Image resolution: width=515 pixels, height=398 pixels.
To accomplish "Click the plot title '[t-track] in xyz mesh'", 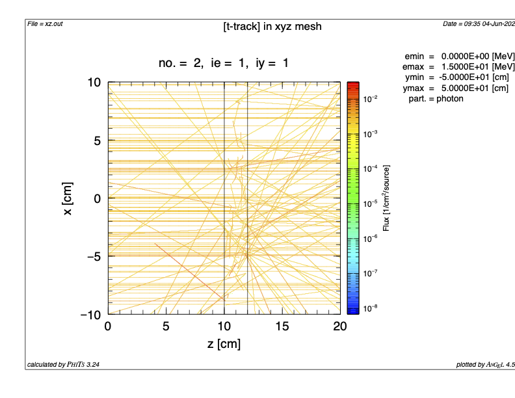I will point(272,27).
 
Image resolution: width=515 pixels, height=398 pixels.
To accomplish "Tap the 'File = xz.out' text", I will point(46,24).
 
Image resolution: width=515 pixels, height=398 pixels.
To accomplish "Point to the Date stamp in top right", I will point(479,24).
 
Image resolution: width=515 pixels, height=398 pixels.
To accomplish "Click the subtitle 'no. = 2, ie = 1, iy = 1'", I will point(223,63).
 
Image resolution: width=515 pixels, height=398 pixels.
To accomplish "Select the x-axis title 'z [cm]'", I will point(223,344).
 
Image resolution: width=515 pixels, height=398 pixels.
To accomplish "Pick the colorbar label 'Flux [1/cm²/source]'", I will point(386,198).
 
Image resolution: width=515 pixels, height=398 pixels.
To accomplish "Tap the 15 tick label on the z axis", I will point(282,326).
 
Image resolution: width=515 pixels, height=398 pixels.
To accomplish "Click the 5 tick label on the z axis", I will point(166,326).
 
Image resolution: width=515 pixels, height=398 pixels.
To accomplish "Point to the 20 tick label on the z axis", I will point(339,326).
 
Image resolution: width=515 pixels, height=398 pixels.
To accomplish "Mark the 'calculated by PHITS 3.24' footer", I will point(63,365).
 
